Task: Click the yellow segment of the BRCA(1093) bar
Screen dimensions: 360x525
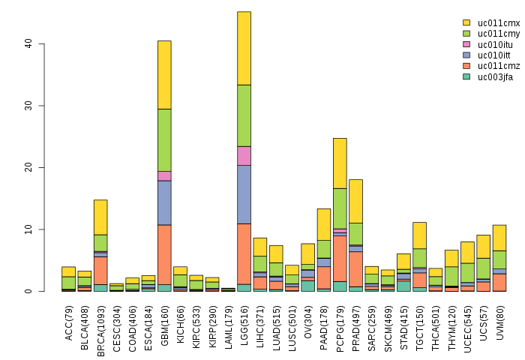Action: coord(100,217)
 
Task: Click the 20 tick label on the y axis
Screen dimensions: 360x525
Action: coord(28,167)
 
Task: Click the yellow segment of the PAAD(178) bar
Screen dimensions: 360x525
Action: coord(324,224)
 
